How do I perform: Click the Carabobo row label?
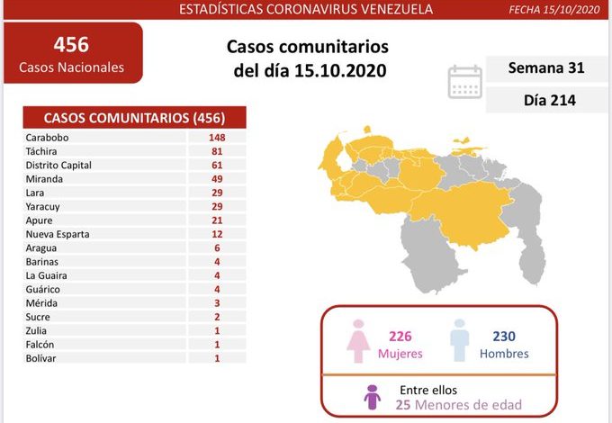click(48, 138)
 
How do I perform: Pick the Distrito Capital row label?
click(59, 166)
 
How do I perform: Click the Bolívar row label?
click(42, 357)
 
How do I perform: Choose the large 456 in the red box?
click(71, 44)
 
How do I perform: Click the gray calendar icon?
click(464, 81)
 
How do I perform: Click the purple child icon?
click(371, 397)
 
